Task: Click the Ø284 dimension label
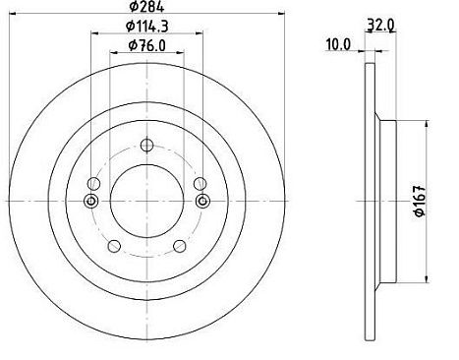click(x=146, y=6)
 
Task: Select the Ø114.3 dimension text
click(x=147, y=26)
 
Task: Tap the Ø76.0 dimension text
click(x=147, y=45)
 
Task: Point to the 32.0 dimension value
click(x=380, y=26)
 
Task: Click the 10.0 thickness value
click(x=338, y=44)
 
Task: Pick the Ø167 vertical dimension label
click(x=420, y=201)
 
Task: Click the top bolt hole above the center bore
click(x=146, y=145)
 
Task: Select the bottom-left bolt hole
click(x=114, y=246)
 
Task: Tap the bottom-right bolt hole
click(x=180, y=246)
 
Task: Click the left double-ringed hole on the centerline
click(x=91, y=201)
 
